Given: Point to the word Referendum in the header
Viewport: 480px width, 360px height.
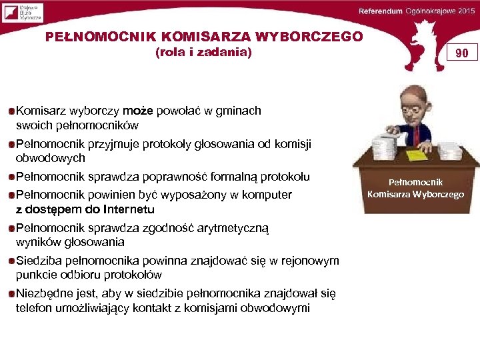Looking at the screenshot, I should point(381,12).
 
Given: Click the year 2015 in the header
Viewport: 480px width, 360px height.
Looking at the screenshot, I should point(464,12).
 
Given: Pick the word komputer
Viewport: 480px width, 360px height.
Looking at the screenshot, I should point(266,195).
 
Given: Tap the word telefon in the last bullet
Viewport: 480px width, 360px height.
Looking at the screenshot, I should point(35,307).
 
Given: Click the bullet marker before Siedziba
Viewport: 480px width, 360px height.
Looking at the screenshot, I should point(11,261).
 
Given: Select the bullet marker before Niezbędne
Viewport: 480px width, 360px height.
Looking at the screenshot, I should point(11,293).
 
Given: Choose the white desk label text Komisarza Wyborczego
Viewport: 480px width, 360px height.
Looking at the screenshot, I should point(416,194).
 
